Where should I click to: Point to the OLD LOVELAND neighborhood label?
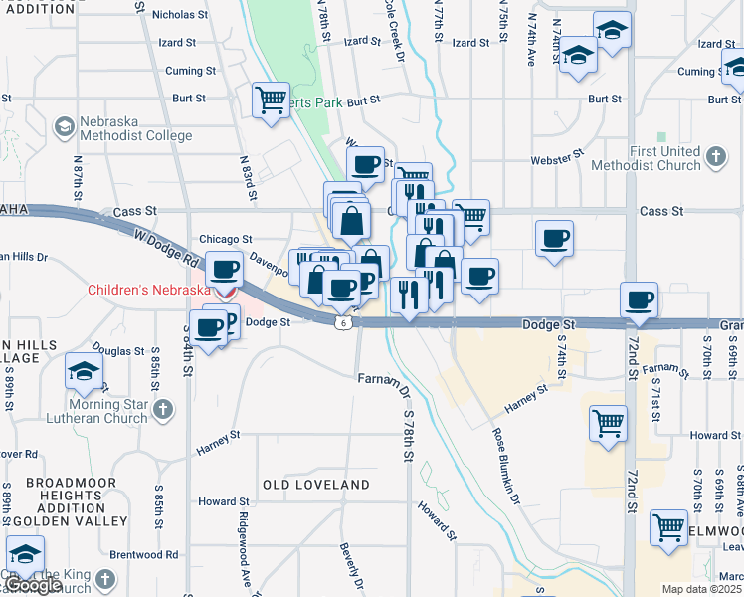coord(315,485)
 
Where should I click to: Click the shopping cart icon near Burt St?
coord(271,99)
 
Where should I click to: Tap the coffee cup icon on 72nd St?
coord(639,298)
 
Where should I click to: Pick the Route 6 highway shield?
coord(342,323)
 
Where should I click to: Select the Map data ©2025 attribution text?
coord(699,589)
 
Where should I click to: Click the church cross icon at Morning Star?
coord(164,409)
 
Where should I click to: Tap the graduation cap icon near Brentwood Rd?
coord(25,553)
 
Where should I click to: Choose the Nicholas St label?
coord(179,15)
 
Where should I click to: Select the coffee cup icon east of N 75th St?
coord(554,238)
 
